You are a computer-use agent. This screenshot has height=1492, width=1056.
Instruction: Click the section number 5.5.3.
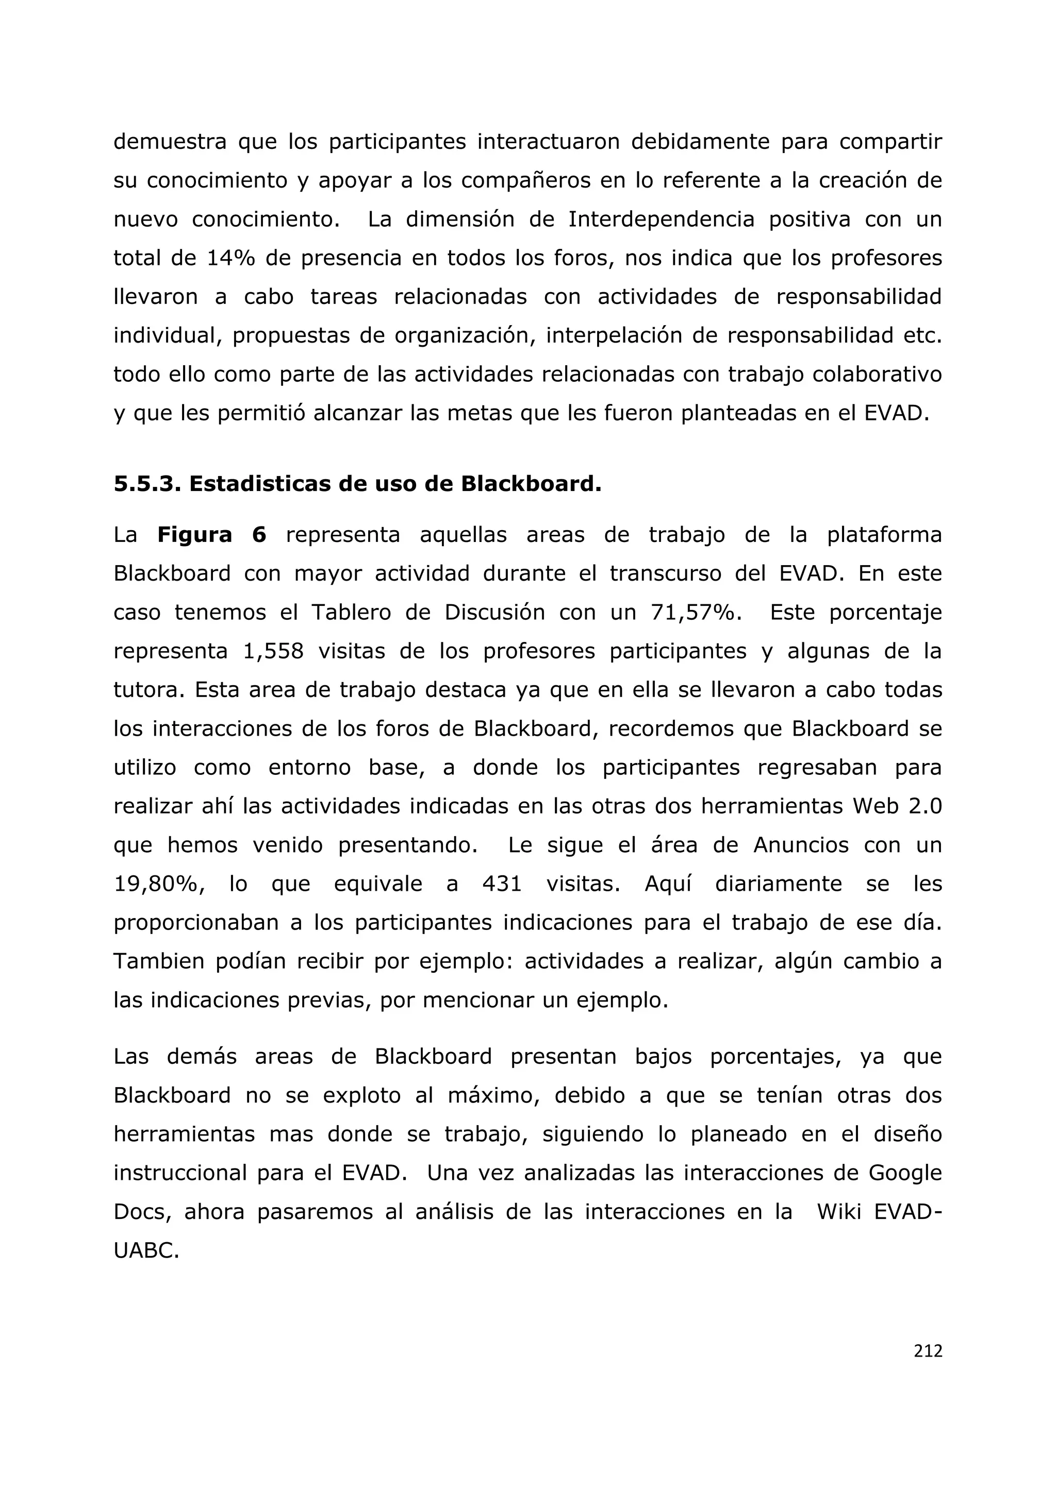146,484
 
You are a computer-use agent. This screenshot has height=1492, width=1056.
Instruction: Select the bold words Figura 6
211,535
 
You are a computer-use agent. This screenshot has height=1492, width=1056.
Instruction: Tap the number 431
502,884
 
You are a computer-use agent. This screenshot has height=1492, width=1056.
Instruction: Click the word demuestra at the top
170,142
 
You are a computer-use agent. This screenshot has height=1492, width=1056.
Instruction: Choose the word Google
904,1173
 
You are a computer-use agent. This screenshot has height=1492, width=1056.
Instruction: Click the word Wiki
839,1212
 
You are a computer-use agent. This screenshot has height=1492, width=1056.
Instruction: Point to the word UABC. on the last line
146,1251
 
